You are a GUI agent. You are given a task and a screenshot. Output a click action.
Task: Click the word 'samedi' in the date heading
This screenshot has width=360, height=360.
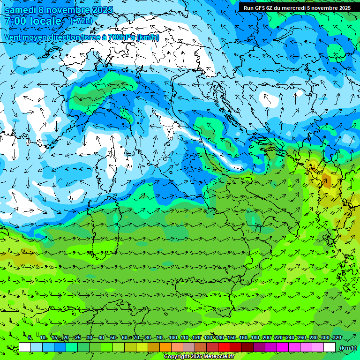(20, 10)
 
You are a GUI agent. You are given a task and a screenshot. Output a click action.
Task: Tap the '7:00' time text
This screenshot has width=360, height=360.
(16, 21)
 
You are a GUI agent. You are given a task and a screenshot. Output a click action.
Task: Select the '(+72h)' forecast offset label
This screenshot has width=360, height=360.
(81, 21)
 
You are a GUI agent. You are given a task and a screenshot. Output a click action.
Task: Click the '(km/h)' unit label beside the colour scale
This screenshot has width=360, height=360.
(347, 347)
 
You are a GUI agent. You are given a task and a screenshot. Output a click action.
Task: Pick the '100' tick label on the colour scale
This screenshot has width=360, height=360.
(173, 338)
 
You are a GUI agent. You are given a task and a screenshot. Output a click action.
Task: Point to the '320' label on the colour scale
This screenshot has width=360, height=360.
(337, 338)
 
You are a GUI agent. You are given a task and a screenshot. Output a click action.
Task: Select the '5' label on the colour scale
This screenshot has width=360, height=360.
(30, 338)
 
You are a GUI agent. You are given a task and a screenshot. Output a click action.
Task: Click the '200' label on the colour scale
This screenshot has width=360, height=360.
(267, 338)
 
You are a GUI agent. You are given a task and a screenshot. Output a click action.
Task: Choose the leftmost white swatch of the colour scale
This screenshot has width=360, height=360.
(25, 347)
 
